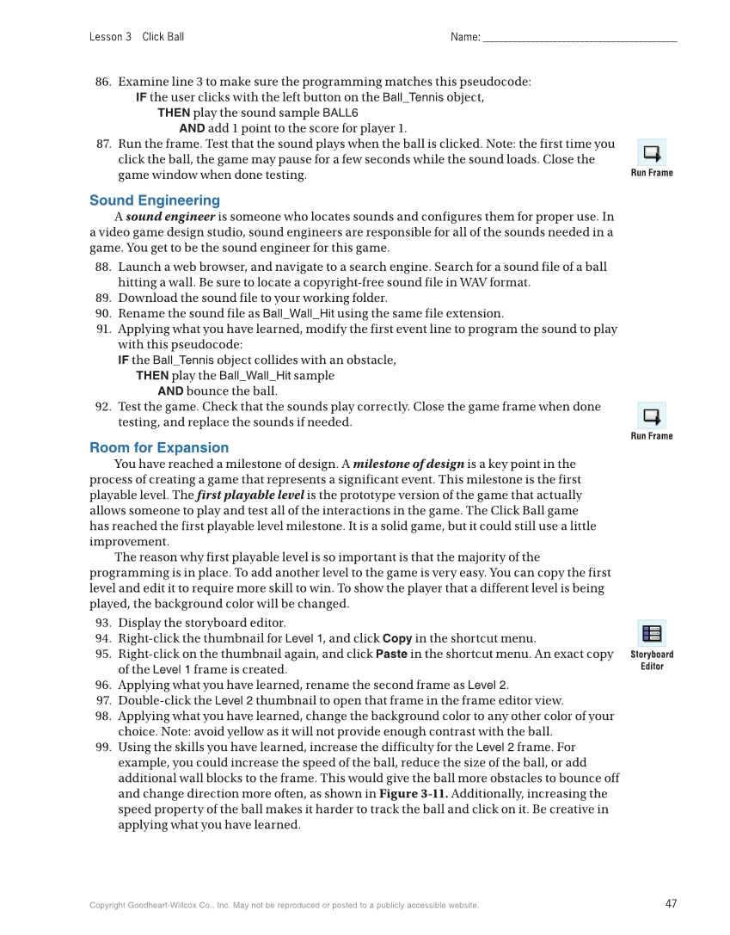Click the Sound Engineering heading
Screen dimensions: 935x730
coord(155,200)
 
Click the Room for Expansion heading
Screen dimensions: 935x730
coord(159,447)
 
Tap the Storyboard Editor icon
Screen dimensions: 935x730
coord(652,634)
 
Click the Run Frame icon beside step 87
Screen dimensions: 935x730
coord(652,153)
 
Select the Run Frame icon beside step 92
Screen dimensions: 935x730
coord(652,416)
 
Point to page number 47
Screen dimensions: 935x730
coord(671,903)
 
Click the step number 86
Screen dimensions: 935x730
coord(103,82)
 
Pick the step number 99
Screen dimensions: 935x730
coord(103,747)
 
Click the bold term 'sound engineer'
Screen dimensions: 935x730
coord(170,217)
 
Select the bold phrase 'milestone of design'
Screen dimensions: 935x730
coord(408,464)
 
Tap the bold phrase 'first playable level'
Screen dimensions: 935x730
coord(250,495)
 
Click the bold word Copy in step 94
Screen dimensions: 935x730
coord(397,638)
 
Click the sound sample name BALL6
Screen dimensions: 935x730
coord(340,114)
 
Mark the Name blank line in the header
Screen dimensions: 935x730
coord(580,38)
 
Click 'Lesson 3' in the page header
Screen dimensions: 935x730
coord(110,37)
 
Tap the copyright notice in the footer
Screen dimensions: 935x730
coord(284,905)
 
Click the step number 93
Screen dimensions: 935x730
coord(103,623)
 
